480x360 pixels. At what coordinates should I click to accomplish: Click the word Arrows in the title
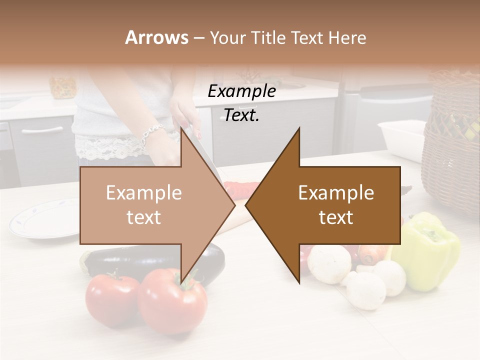(x=156, y=37)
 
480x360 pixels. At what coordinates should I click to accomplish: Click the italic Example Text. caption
(x=242, y=103)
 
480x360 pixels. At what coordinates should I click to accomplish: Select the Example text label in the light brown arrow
(x=144, y=205)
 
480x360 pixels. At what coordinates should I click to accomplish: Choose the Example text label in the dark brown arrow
(x=336, y=205)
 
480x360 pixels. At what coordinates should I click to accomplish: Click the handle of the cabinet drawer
(x=42, y=130)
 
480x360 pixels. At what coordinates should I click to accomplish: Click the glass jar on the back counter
(x=62, y=85)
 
